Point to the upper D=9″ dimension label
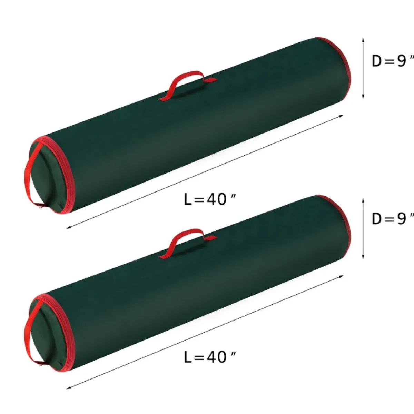pyautogui.click(x=392, y=61)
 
